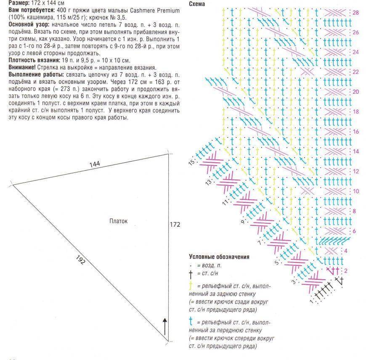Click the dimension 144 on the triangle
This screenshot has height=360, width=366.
pyautogui.click(x=95, y=164)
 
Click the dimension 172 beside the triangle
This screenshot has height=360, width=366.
pyautogui.click(x=175, y=225)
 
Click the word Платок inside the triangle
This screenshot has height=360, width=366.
pyautogui.click(x=118, y=221)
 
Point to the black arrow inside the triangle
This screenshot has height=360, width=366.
pyautogui.click(x=164, y=326)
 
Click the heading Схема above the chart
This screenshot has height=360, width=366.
pyautogui.click(x=197, y=4)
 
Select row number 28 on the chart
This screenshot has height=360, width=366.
pyautogui.click(x=356, y=13)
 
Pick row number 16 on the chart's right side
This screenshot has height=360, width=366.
pyautogui.click(x=356, y=132)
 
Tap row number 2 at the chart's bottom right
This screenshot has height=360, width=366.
pyautogui.click(x=346, y=270)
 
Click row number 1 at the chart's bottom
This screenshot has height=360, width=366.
pyautogui.click(x=312, y=301)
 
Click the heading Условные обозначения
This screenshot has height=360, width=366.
pyautogui.click(x=219, y=257)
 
